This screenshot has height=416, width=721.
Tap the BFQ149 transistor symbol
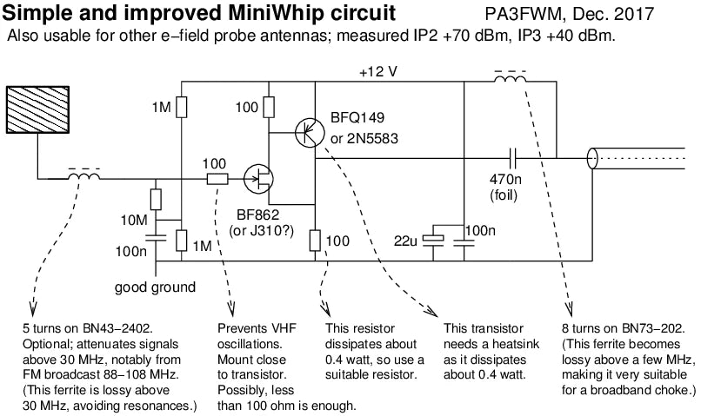[306, 132]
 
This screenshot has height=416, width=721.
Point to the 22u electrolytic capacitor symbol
[437, 240]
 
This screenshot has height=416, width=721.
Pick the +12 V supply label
[378, 71]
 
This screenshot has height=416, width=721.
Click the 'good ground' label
[155, 287]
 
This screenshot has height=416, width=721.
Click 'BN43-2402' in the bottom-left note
[117, 329]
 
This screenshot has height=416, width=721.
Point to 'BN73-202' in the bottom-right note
[650, 329]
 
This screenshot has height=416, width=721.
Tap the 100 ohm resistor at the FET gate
[217, 179]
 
